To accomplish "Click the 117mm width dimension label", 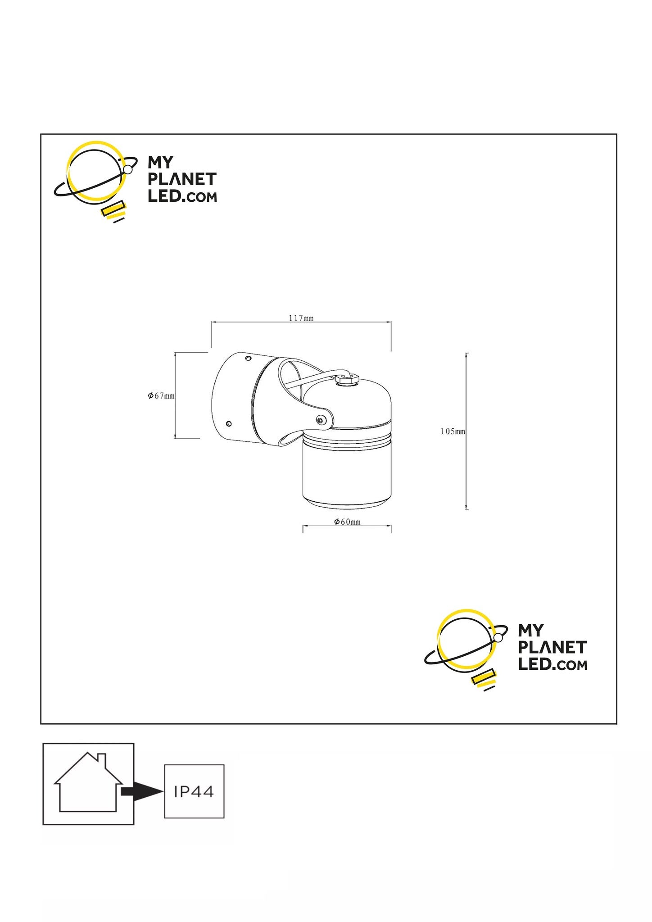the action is pos(301,318).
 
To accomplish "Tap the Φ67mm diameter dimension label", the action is pos(161,396).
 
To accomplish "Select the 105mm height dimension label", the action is pos(453,431).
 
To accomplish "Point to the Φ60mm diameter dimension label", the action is pos(347,522).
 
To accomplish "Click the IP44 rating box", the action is pos(194,791).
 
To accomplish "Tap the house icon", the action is pos(88,782).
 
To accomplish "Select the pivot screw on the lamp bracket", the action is pos(320,420).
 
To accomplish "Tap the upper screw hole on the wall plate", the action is pos(248,358).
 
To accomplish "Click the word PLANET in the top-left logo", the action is pos(182,179).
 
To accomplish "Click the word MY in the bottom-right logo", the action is pos(531,630).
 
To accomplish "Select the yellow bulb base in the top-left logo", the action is pos(113,211).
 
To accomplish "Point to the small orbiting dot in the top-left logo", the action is pos(128,170).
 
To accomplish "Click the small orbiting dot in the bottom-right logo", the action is pos(499,638).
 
